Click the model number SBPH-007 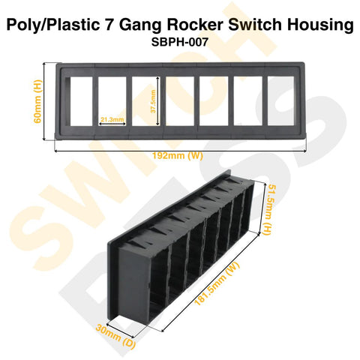(x=180, y=42)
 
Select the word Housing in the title (x=320, y=25)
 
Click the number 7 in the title (x=109, y=25)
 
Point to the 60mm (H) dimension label (x=37, y=101)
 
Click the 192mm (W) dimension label (x=178, y=156)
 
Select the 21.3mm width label (x=112, y=119)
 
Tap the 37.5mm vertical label (x=153, y=101)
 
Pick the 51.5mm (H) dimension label (x=268, y=210)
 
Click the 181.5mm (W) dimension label (x=217, y=283)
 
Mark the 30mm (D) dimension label (x=115, y=336)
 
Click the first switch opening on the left (x=81, y=101)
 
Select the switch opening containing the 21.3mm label (x=112, y=101)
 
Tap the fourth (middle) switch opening (x=180, y=101)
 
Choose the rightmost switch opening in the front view (x=280, y=100)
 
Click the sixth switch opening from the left (x=248, y=100)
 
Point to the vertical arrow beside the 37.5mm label (x=157, y=101)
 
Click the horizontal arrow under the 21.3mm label (x=112, y=124)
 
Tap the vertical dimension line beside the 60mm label (x=44, y=101)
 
